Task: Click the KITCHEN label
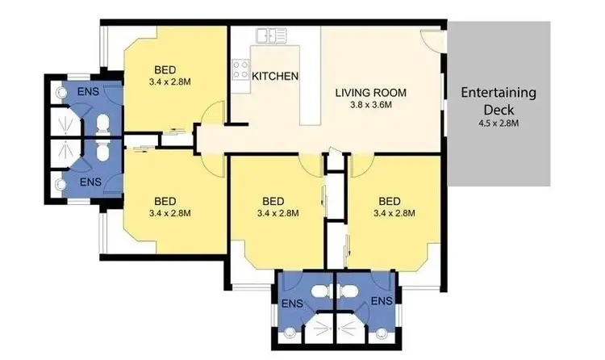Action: (x=276, y=77)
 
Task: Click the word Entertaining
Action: (x=498, y=92)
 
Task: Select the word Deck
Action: (x=498, y=109)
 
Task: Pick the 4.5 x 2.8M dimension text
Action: (x=498, y=123)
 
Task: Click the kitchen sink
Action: (x=272, y=36)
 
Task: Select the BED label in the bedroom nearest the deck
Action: (x=390, y=201)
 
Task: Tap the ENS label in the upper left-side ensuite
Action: (x=89, y=92)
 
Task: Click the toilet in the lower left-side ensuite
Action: (x=102, y=154)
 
